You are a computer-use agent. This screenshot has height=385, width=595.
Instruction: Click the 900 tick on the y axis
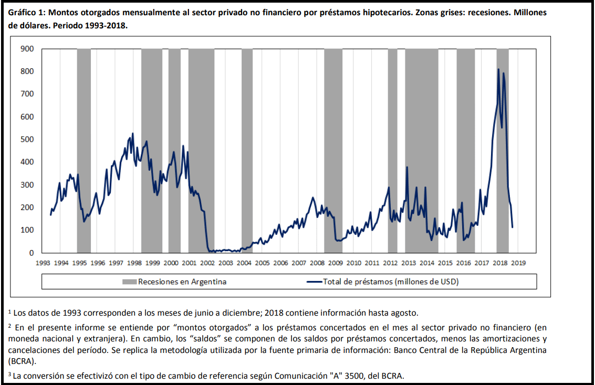27,49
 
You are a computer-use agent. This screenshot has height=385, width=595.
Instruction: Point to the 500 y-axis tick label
27,140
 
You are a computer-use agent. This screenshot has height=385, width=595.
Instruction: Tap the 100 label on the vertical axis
27,231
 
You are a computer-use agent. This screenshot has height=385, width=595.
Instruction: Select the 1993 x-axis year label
43,262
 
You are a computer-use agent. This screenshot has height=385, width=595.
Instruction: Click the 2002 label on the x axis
207,262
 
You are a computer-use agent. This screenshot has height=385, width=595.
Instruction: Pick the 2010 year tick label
353,262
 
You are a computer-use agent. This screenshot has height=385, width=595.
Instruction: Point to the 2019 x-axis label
518,262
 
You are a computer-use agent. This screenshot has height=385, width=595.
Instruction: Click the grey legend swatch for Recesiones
129,282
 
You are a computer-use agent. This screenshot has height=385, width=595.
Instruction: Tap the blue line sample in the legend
314,282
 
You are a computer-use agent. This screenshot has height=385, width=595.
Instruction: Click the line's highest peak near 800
498,69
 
